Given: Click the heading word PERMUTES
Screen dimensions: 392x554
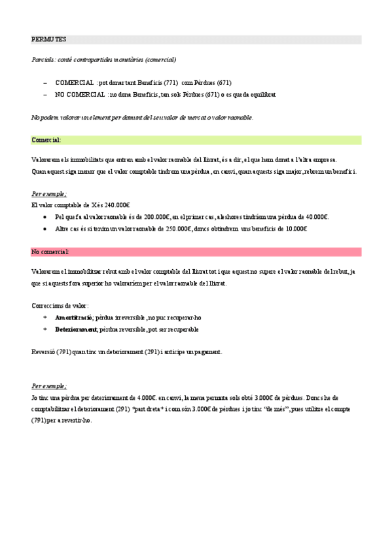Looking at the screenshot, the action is point(48,39).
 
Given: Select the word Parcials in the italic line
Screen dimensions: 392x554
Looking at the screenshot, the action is point(41,59).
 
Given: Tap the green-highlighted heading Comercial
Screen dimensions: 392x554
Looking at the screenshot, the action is point(46,140).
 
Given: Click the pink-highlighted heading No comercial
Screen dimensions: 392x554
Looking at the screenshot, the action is point(50,252).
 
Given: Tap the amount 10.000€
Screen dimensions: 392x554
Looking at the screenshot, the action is point(292,229).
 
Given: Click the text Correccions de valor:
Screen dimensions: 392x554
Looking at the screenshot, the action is point(60,305).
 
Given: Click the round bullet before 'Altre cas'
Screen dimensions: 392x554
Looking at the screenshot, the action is point(44,229).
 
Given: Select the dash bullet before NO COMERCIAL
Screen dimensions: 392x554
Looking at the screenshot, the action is point(45,95).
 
